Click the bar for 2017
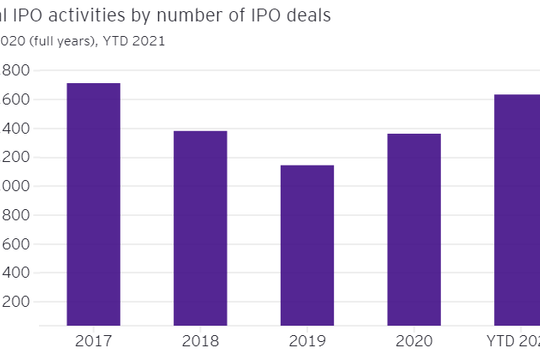(93, 204)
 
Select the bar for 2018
(200, 228)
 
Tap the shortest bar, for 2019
(306, 245)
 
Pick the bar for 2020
(413, 229)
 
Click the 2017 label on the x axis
(93, 341)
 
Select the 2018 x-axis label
(200, 341)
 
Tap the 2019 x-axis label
(306, 341)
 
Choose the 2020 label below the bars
(413, 341)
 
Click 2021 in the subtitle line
(147, 41)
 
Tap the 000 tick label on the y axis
(15, 186)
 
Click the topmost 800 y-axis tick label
(15, 70)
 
